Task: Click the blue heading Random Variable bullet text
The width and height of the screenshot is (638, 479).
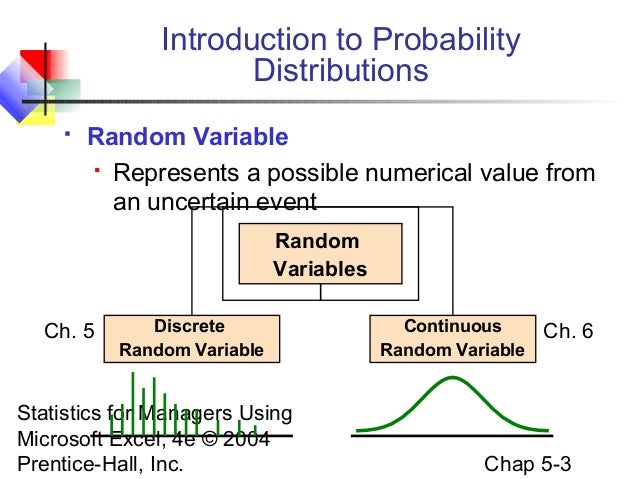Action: pyautogui.click(x=188, y=137)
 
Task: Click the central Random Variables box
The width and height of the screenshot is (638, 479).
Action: pyautogui.click(x=320, y=255)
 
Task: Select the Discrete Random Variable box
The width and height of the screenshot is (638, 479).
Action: pyautogui.click(x=191, y=338)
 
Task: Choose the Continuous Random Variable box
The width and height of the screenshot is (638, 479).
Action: pyautogui.click(x=452, y=338)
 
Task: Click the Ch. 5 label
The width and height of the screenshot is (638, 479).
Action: pyautogui.click(x=70, y=331)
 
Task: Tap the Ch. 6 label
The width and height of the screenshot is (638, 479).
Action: pyautogui.click(x=568, y=331)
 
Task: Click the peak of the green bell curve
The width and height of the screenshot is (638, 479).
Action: pyautogui.click(x=453, y=378)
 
